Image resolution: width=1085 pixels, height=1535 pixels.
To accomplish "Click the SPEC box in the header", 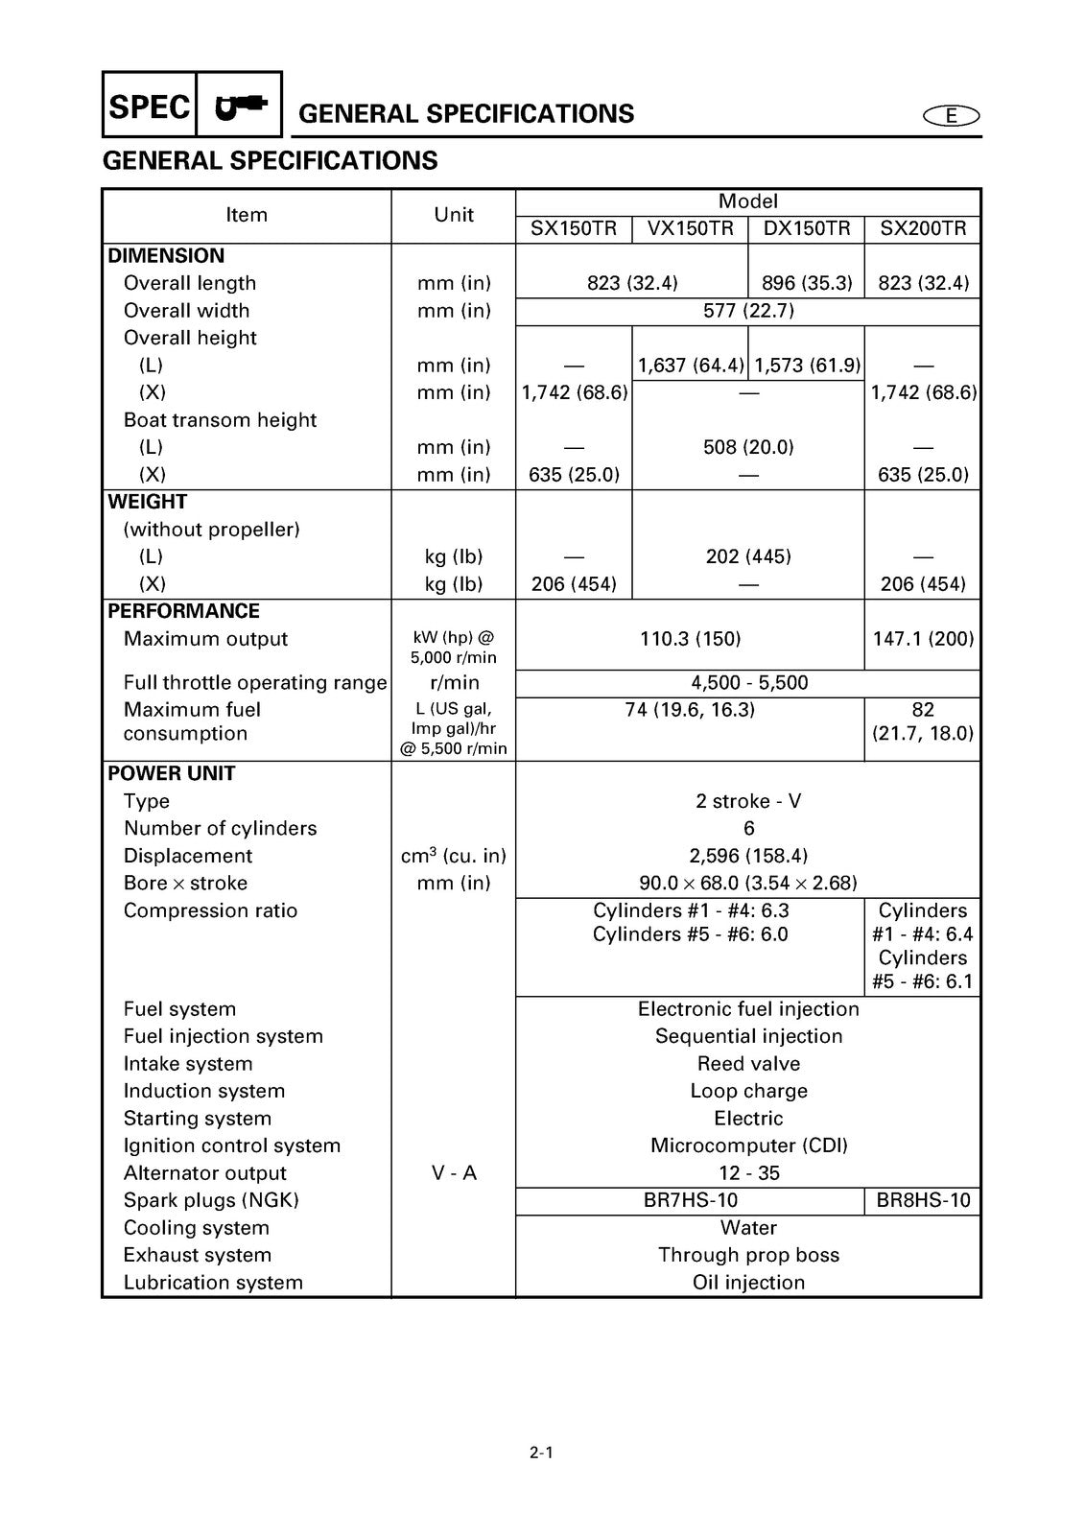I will (150, 106).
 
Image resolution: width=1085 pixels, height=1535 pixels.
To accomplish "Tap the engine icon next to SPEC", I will (240, 106).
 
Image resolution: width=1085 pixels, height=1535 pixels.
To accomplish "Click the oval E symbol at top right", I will (951, 116).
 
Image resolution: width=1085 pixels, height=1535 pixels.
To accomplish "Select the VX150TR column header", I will (690, 229).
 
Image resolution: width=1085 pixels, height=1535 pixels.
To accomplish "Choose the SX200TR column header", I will (923, 229).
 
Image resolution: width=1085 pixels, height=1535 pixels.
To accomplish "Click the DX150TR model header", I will (806, 229).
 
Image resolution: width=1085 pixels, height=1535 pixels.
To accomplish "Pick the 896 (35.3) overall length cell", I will (806, 283).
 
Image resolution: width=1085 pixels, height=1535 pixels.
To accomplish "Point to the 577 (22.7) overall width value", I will (748, 311).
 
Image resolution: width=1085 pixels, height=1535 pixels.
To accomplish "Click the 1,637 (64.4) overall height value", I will (690, 366).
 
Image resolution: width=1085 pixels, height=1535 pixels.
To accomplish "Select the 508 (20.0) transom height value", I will (748, 447).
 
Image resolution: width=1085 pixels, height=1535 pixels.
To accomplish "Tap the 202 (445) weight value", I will (748, 556).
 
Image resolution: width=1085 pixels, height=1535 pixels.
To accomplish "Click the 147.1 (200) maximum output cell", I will (923, 639).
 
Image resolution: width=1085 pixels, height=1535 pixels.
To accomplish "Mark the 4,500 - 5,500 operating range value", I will (748, 683).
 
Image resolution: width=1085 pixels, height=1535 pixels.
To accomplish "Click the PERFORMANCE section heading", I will (183, 611).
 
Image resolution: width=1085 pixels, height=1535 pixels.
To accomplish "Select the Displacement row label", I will (188, 856).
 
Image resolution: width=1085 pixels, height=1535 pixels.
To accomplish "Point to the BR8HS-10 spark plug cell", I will (923, 1200).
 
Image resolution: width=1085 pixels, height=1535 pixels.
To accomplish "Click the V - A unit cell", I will (454, 1173).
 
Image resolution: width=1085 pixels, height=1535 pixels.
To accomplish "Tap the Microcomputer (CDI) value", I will (748, 1145).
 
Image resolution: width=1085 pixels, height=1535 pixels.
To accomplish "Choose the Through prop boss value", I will (748, 1255).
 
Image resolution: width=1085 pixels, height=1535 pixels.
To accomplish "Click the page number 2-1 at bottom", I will (541, 1452).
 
